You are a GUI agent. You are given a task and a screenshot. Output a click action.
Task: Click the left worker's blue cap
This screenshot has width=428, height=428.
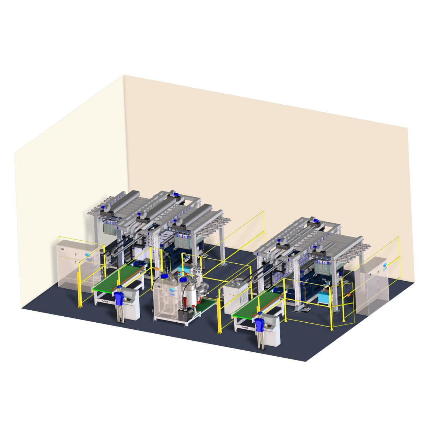pos(119,287)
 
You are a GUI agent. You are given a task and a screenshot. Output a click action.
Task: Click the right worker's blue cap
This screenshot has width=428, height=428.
pos(260,313)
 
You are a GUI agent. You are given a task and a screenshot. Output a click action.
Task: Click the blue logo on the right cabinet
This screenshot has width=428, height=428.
pos(384,265)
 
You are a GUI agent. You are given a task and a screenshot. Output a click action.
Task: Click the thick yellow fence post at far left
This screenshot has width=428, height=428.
pos(80,290)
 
